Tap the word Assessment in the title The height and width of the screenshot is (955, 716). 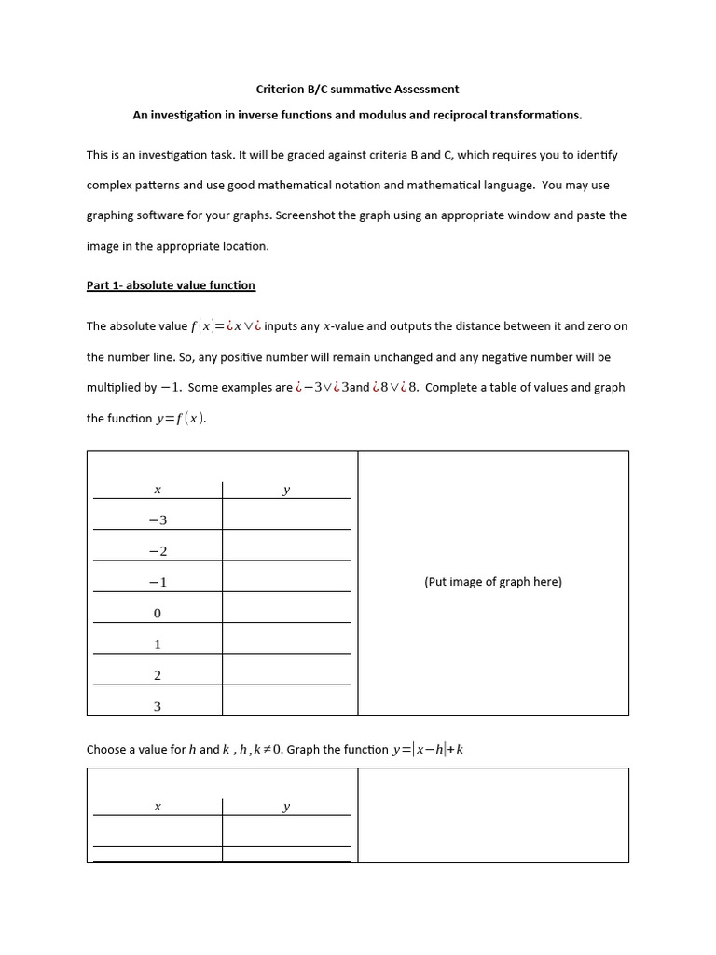point(426,90)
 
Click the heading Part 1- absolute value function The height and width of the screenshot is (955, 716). point(171,285)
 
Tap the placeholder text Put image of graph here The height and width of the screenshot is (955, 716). point(493,582)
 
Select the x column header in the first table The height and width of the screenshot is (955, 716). point(157,490)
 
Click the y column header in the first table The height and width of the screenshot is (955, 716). point(286,490)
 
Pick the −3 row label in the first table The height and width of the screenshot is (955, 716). point(158,519)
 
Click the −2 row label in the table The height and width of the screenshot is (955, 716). point(158,551)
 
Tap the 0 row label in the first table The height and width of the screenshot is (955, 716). point(158,614)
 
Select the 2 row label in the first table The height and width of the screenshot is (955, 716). point(158,675)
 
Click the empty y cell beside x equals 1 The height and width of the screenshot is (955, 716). point(286,644)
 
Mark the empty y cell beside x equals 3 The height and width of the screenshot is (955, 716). point(286,706)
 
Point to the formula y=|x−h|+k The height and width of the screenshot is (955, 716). point(427,750)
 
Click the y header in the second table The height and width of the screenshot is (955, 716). point(286,807)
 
